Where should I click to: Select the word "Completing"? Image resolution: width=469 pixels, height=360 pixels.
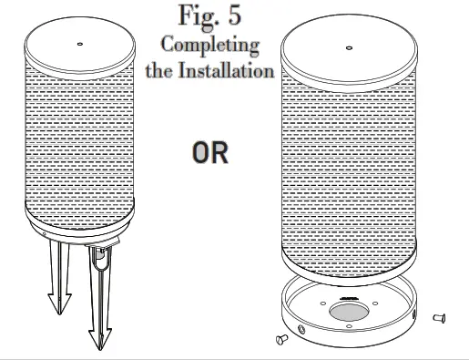[x=209, y=45]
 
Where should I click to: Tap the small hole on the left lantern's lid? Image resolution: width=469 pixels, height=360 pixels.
[x=80, y=44]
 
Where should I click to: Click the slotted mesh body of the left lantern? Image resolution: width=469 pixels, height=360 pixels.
[x=81, y=137]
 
